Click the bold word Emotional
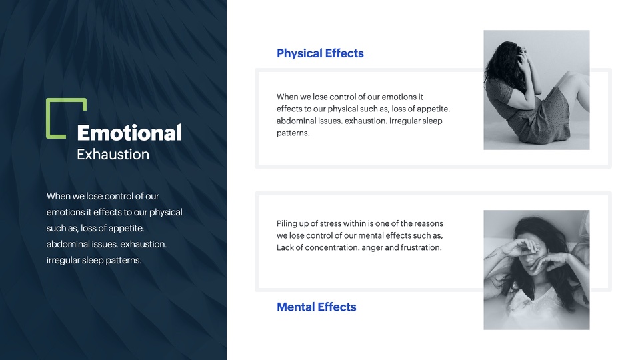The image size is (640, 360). (x=129, y=133)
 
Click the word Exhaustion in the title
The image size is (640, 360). (x=113, y=154)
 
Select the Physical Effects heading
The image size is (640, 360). (x=320, y=53)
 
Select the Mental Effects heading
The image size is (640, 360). (x=316, y=307)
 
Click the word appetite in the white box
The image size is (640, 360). (x=433, y=109)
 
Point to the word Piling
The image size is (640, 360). (x=287, y=224)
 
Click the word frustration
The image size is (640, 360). (x=421, y=247)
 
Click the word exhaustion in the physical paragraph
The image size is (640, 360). (x=366, y=121)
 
